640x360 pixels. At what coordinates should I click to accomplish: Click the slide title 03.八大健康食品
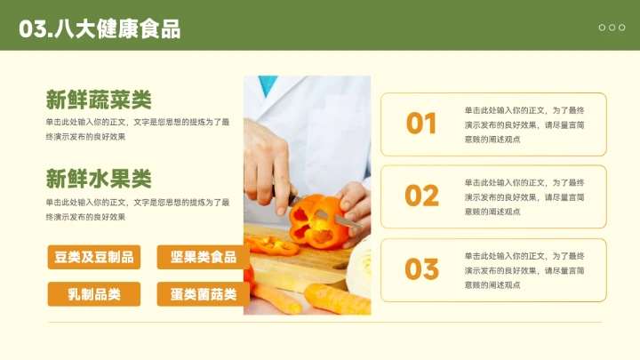[100, 28]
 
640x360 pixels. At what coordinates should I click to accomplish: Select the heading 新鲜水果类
[99, 178]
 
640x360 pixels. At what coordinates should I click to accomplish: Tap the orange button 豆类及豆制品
[93, 258]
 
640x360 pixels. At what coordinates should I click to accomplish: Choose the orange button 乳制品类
[93, 294]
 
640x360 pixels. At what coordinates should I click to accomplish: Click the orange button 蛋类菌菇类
[203, 294]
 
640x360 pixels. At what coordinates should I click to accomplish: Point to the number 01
[421, 124]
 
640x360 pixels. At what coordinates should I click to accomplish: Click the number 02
[421, 196]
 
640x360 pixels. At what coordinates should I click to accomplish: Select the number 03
[421, 268]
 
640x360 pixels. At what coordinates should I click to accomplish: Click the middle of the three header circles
[612, 28]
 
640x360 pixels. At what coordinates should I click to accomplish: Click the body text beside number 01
[524, 124]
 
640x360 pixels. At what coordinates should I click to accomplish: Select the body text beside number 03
[524, 269]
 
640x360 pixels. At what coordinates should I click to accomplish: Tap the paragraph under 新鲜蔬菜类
[138, 129]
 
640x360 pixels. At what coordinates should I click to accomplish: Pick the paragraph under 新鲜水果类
[138, 209]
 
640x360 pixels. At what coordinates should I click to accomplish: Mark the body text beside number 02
[524, 196]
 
